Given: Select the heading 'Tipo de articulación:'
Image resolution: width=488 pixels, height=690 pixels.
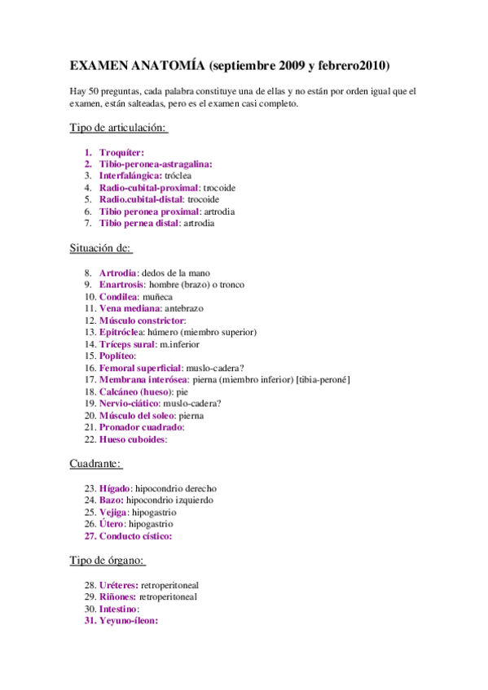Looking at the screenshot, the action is coord(119,128).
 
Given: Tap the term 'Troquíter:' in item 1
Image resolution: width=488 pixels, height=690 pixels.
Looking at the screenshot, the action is coord(121,152).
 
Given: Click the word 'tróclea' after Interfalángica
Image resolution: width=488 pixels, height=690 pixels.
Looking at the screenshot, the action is coord(178,176).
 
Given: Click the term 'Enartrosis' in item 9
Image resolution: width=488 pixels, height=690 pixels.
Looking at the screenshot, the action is coord(121,285).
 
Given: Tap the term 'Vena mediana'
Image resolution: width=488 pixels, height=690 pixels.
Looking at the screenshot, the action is coord(129,308).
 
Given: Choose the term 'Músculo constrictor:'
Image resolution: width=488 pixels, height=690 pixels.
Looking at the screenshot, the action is coord(142,321).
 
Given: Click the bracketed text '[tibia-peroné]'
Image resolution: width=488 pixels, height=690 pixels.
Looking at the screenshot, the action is coord(323,379).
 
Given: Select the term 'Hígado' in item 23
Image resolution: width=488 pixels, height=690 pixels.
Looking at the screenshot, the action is coord(114,487).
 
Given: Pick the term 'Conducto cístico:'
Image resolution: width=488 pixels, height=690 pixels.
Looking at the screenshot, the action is coord(135,536).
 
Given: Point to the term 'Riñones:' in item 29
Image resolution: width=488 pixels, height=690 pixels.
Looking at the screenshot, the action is coord(117,596).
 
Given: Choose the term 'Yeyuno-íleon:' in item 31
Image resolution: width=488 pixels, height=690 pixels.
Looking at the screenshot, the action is coord(128,620).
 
